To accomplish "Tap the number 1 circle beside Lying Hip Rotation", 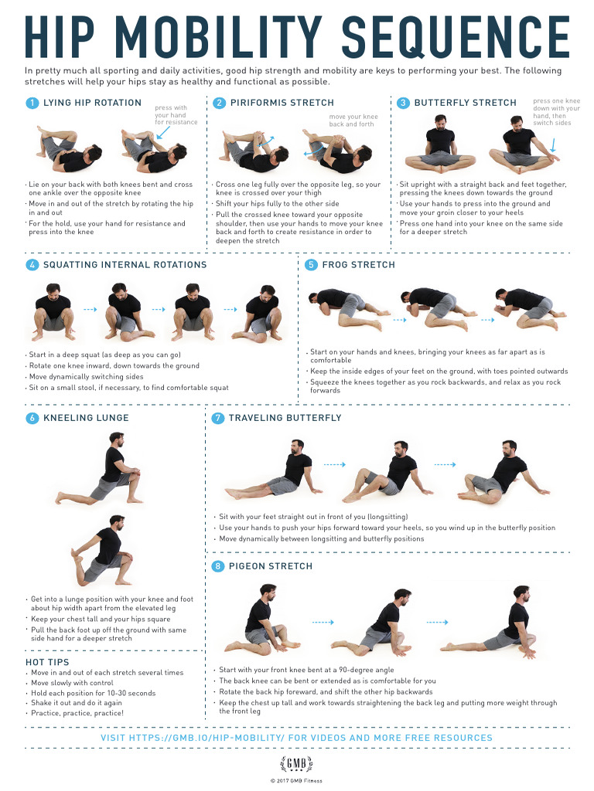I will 32,103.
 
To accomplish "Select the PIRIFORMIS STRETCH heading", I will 282,103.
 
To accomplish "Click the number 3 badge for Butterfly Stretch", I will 403,103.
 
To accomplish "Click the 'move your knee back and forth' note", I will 353,121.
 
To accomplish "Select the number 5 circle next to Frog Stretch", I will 311,265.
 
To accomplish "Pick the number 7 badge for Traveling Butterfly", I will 218,418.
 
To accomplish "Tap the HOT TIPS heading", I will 47,662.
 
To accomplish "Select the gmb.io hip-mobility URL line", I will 296,738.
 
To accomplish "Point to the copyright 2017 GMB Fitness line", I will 296,781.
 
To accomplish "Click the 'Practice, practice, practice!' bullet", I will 77,713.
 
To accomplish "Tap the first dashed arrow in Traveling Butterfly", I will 333,465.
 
